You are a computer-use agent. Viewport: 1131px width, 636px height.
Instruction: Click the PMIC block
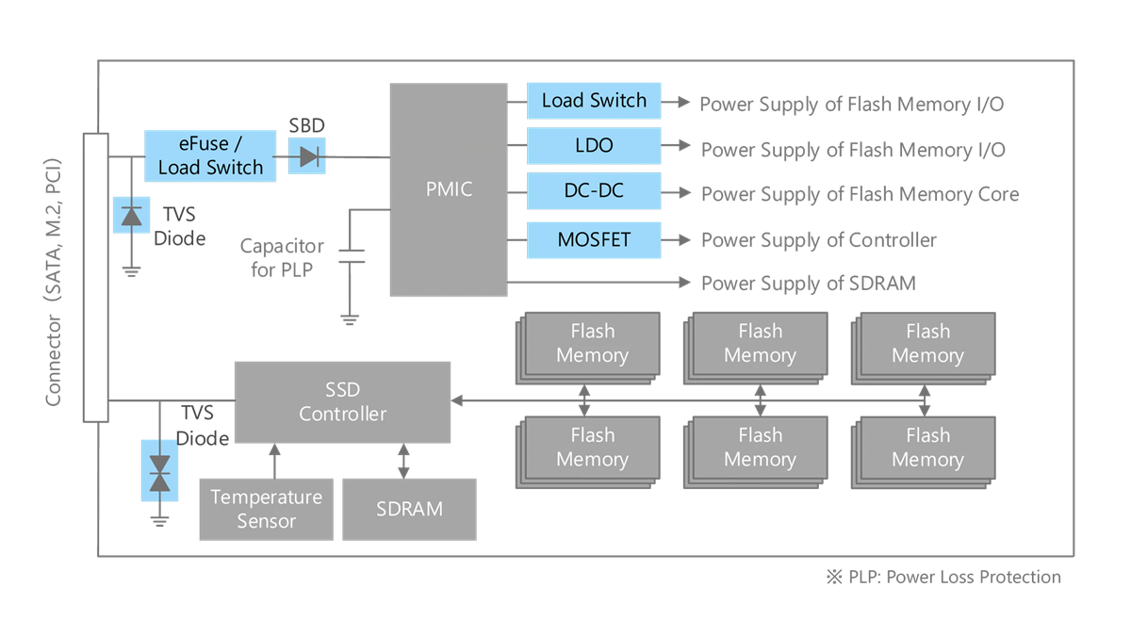[449, 189]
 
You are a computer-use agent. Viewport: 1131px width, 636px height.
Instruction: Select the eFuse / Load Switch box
[210, 156]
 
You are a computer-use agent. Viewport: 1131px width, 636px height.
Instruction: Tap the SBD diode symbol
[307, 157]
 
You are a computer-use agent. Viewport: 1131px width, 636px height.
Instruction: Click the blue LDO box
[594, 146]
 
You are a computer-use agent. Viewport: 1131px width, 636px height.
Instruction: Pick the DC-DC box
[594, 191]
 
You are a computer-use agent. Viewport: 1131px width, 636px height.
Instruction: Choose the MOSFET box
[594, 239]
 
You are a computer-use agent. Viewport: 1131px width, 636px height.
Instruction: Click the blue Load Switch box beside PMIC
[594, 101]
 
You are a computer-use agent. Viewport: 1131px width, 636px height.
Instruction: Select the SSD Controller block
[342, 401]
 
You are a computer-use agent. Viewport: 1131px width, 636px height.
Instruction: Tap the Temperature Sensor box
[266, 509]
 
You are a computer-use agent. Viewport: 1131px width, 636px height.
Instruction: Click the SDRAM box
[409, 509]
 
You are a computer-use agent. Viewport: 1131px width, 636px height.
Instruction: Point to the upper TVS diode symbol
[132, 215]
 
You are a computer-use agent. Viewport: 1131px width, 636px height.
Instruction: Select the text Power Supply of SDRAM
[808, 284]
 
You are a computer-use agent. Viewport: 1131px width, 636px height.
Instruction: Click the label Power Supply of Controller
[818, 240]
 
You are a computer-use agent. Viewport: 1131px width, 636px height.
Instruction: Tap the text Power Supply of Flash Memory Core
[860, 195]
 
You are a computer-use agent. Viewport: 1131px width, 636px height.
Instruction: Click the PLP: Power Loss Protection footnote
[943, 578]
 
